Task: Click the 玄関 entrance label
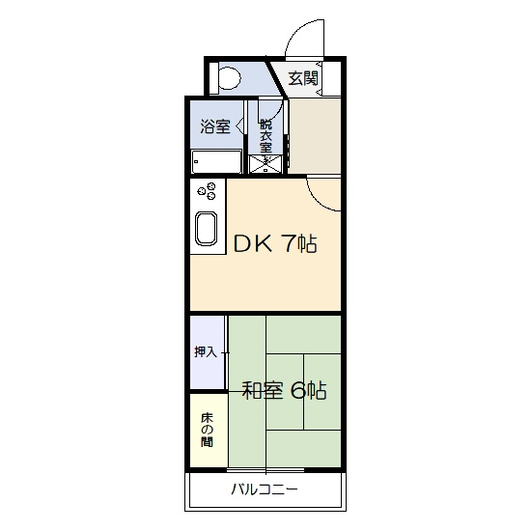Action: tap(303, 78)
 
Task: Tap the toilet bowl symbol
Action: tap(230, 78)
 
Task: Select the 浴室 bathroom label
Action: tap(215, 126)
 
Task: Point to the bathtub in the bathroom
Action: tap(216, 161)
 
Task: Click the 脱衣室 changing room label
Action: tap(265, 136)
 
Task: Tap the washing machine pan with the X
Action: tap(265, 164)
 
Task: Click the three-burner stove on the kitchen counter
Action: tap(207, 191)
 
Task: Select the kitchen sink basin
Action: tap(207, 228)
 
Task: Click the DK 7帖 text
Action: tap(275, 243)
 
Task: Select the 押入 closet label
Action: tap(206, 351)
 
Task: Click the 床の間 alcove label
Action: tap(207, 429)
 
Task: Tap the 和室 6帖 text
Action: tap(284, 391)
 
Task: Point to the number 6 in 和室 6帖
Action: tap(297, 391)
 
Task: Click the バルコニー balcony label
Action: tap(265, 489)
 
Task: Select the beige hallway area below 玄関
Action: tap(315, 136)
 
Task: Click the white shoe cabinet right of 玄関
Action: tap(331, 78)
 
